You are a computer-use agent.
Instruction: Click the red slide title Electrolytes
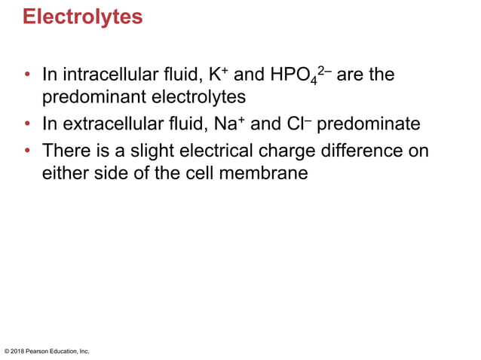[x=82, y=17]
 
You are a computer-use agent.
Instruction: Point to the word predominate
[x=368, y=124]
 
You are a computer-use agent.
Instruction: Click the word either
[x=63, y=172]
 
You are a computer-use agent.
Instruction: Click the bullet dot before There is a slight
[x=28, y=151]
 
